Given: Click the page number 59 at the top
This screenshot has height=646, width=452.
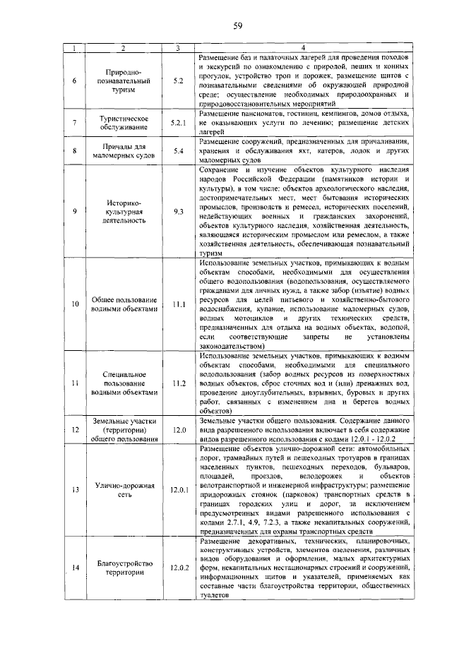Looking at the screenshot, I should coord(238,26).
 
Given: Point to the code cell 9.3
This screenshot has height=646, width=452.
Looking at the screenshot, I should coord(179,211).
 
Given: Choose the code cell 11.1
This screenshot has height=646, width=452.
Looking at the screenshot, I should coord(179,304).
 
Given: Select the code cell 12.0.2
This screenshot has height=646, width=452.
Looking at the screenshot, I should coord(179,567).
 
